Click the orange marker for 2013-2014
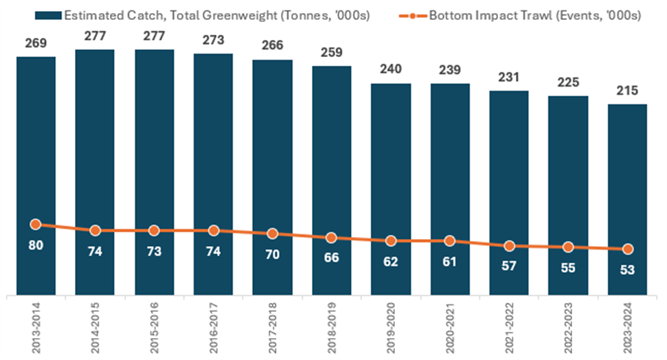(x=36, y=224)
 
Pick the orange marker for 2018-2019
(x=331, y=238)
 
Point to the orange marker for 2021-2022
(x=509, y=245)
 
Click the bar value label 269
(x=36, y=43)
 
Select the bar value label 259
(x=331, y=53)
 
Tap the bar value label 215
(x=627, y=91)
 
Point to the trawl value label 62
(x=390, y=262)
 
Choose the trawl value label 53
(x=627, y=269)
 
